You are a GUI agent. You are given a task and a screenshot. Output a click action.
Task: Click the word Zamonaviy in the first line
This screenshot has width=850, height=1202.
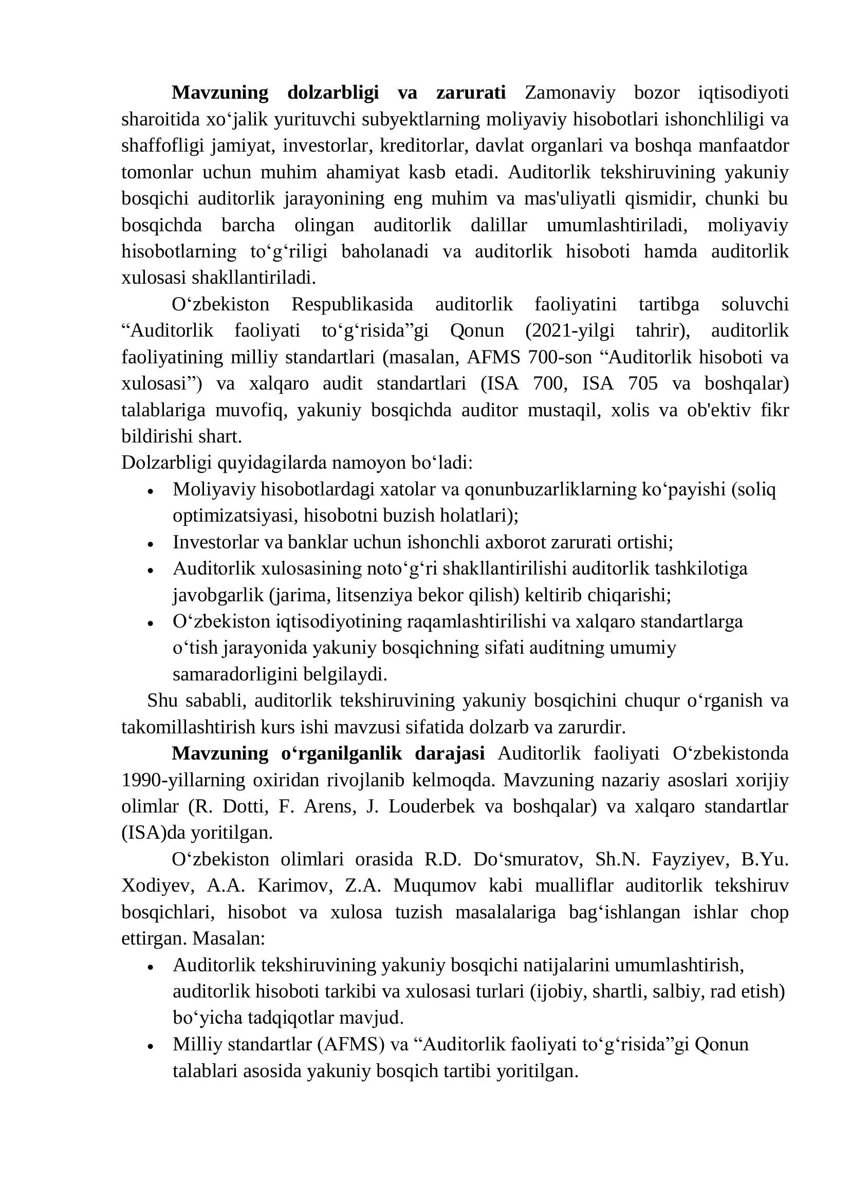click(570, 93)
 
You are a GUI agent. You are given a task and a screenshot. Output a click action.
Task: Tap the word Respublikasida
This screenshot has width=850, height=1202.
click(352, 304)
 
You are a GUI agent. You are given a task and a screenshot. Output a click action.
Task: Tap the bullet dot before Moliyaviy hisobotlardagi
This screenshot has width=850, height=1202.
click(150, 492)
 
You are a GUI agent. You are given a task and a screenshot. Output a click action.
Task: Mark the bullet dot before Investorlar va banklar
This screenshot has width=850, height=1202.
click(150, 544)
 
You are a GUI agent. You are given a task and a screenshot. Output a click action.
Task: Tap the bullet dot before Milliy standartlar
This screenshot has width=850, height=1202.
click(150, 1046)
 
